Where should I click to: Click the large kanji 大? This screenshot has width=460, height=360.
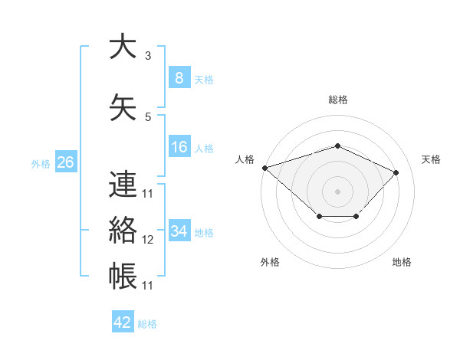pyautogui.click(x=123, y=46)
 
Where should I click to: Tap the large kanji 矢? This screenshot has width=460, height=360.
pyautogui.click(x=123, y=107)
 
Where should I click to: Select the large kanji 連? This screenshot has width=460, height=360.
pyautogui.click(x=123, y=184)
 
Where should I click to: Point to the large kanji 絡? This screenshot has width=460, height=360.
pyautogui.click(x=123, y=230)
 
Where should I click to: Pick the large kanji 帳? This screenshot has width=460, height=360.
pyautogui.click(x=123, y=276)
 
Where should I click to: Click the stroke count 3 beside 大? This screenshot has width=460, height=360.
pyautogui.click(x=148, y=56)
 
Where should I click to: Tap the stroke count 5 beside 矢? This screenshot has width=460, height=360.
pyautogui.click(x=148, y=117)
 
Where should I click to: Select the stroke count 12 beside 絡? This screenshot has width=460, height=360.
pyautogui.click(x=147, y=240)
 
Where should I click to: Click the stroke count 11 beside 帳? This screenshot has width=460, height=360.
pyautogui.click(x=147, y=286)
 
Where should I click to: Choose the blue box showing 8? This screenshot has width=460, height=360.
pyautogui.click(x=179, y=77)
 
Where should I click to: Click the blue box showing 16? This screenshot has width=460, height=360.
pyautogui.click(x=179, y=146)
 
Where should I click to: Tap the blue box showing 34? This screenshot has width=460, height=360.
pyautogui.click(x=179, y=230)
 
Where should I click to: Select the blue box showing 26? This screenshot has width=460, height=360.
pyautogui.click(x=66, y=162)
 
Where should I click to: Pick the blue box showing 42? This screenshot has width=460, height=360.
pyautogui.click(x=123, y=321)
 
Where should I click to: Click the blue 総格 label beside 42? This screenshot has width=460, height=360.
pyautogui.click(x=147, y=324)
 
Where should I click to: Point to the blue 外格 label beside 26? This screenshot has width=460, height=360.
pyautogui.click(x=41, y=164)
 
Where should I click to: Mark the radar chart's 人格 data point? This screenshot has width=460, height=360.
pyautogui.click(x=265, y=168)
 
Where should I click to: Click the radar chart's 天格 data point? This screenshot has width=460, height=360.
pyautogui.click(x=396, y=172)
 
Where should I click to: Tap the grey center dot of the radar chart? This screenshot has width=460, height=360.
pyautogui.click(x=337, y=191)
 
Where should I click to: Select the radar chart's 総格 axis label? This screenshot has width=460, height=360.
pyautogui.click(x=338, y=100)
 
